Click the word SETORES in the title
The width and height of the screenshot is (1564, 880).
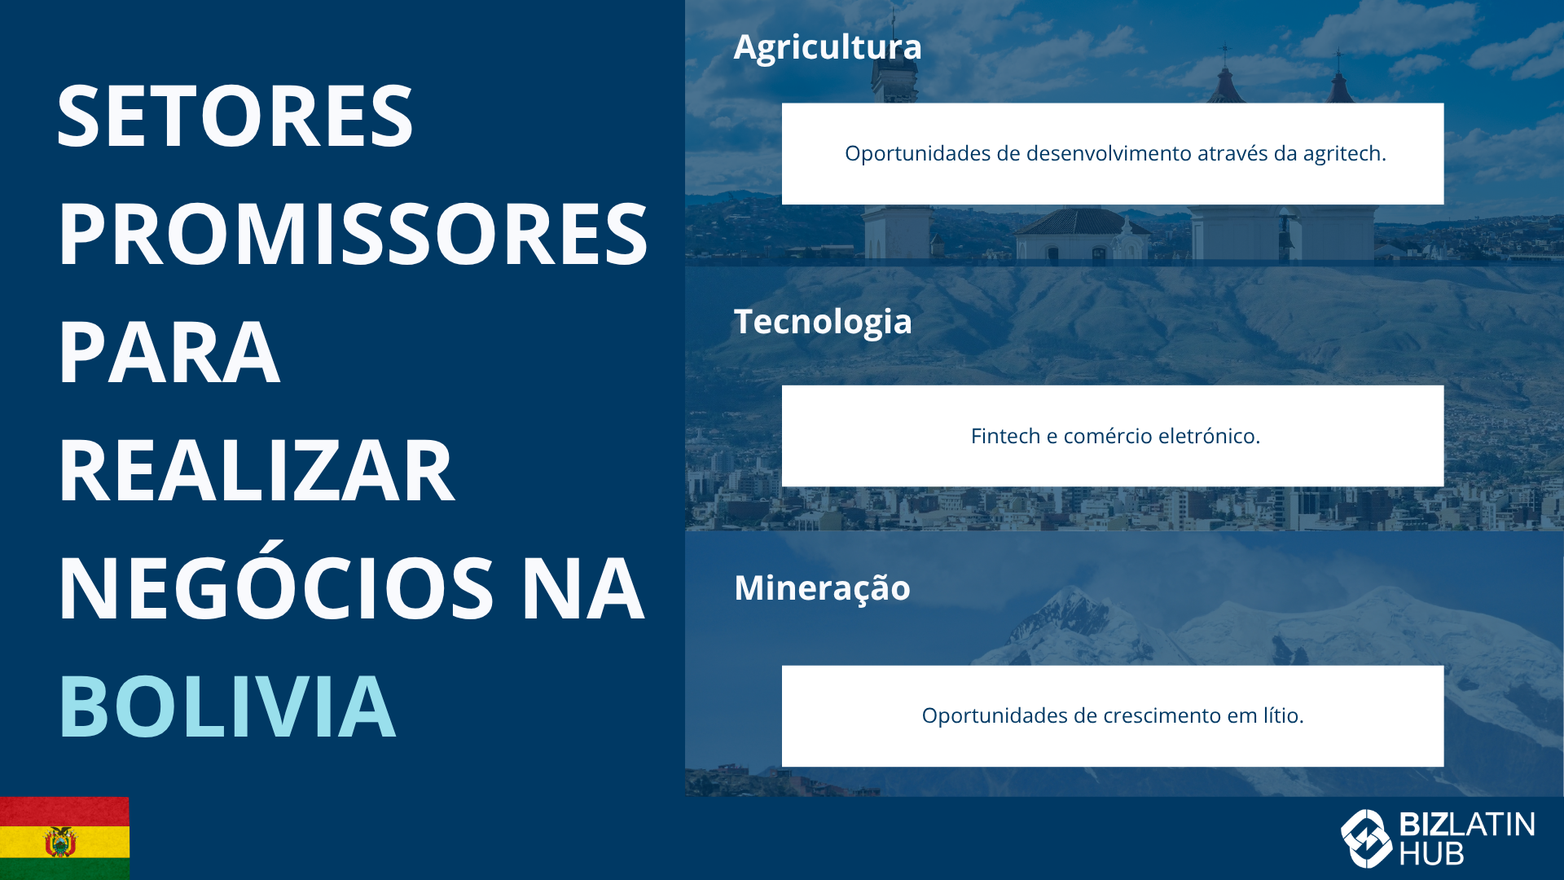[235, 117]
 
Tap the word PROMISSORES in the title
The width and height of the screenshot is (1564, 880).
[353, 235]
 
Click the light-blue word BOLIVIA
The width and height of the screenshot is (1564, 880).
[227, 706]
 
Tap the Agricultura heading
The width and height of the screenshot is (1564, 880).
[828, 47]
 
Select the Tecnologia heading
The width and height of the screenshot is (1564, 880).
[823, 323]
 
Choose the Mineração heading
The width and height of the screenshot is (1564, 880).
[822, 588]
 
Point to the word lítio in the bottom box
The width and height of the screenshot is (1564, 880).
[1283, 715]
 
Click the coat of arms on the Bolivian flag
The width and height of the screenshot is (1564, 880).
[60, 842]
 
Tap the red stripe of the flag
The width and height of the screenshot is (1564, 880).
[64, 811]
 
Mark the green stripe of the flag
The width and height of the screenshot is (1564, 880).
[64, 869]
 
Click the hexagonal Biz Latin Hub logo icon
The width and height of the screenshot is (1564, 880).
[1366, 838]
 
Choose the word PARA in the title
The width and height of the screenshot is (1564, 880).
[169, 353]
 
